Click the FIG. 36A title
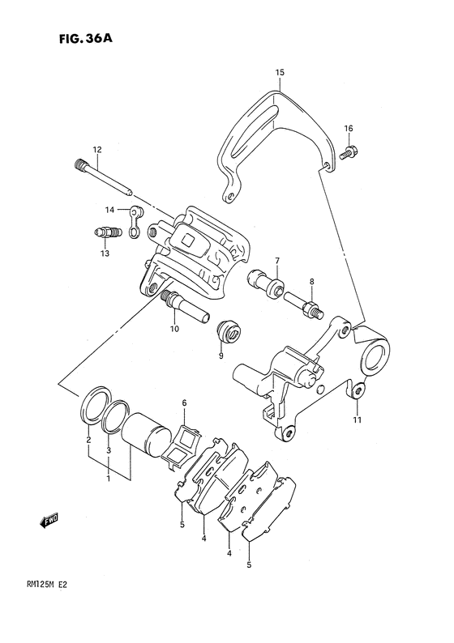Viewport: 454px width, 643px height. click(85, 39)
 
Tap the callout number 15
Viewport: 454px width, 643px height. click(280, 73)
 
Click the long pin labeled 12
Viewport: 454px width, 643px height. click(103, 177)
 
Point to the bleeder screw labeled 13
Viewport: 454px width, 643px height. click(105, 233)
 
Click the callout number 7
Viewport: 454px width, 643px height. click(277, 261)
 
